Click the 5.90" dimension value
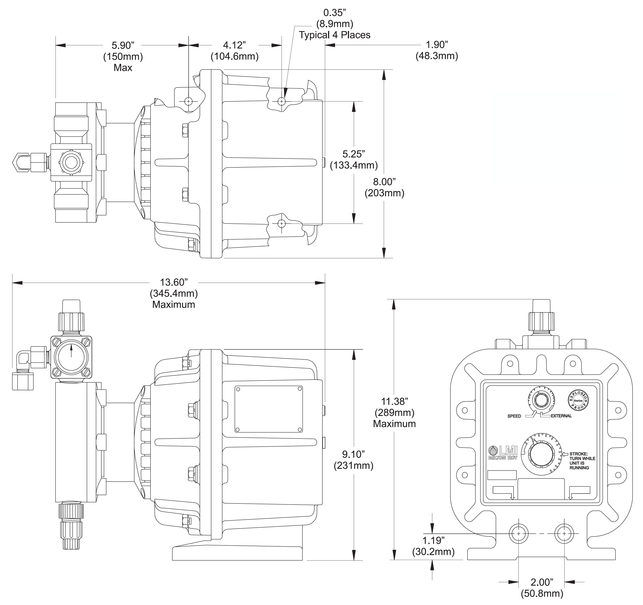[x=123, y=45]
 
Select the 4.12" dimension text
[x=234, y=45]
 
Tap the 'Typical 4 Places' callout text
[x=334, y=35]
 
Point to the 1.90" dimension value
[x=437, y=45]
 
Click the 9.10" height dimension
[x=354, y=454]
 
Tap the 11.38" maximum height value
[x=394, y=401]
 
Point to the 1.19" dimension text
[x=433, y=540]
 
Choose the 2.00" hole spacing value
[x=542, y=582]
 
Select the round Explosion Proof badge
[x=578, y=400]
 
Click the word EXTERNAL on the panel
[x=561, y=416]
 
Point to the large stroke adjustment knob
[x=542, y=454]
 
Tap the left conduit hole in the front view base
[x=519, y=533]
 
